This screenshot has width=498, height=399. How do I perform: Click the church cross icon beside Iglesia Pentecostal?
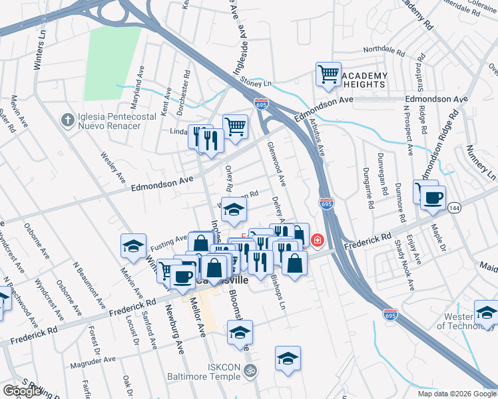(67, 120)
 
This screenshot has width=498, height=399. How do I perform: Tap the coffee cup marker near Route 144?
(433, 198)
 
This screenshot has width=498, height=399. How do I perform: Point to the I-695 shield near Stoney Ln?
(261, 104)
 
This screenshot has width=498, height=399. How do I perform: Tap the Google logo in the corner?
(22, 391)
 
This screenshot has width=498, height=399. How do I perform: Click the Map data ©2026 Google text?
(457, 394)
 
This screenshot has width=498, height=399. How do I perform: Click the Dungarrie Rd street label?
(383, 180)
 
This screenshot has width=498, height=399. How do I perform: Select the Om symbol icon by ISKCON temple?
(250, 371)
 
